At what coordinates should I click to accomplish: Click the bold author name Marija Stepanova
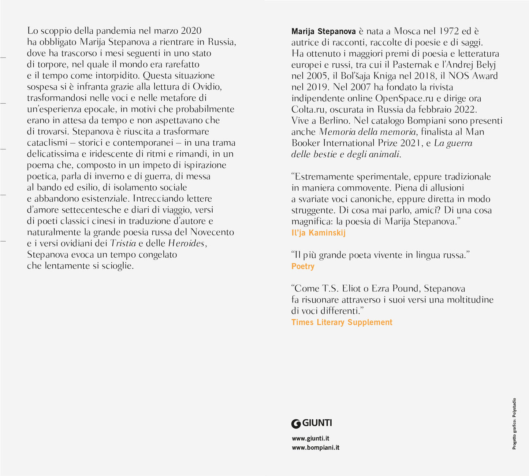pos(323,31)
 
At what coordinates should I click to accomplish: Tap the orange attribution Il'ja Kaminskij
pos(318,233)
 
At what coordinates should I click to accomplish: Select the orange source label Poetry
pos(303,266)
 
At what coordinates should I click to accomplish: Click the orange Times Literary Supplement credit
pos(342,322)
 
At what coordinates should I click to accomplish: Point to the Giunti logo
pos(312,423)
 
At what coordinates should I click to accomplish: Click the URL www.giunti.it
pos(310,438)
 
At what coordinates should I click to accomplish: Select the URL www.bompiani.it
pos(315,447)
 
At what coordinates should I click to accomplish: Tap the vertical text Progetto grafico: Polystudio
pos(514,424)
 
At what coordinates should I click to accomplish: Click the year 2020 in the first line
pos(191,31)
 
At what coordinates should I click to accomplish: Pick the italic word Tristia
pos(123,243)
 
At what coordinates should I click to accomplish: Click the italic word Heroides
pos(186,243)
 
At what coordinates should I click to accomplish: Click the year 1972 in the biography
pos(449,31)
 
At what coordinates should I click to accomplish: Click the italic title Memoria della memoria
pos(368,132)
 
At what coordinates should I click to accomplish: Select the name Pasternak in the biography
pos(413,65)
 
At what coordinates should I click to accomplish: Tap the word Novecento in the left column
pos(212,232)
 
